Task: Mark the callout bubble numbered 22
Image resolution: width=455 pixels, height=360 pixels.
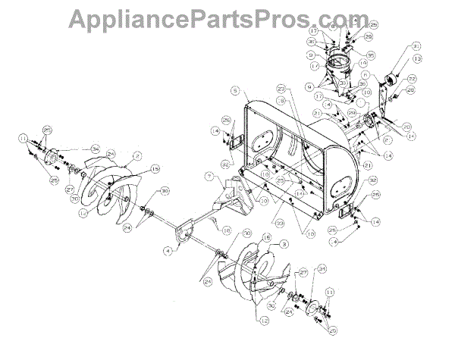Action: click(x=412, y=79)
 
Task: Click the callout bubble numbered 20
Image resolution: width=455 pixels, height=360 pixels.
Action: click(x=407, y=126)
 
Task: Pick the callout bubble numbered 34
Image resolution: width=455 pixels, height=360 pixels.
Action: click(x=96, y=147)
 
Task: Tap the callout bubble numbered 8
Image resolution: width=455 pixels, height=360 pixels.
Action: click(x=331, y=26)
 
